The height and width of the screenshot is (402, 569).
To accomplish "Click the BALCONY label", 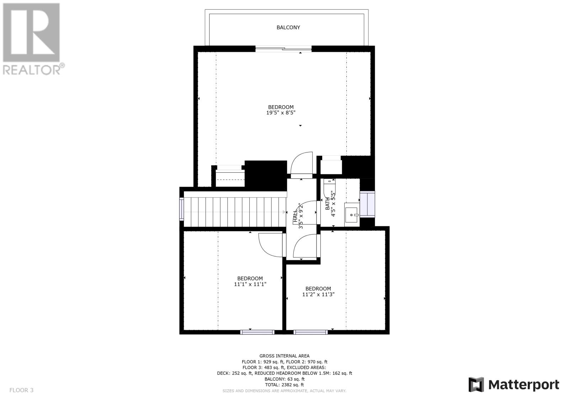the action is click(288, 27).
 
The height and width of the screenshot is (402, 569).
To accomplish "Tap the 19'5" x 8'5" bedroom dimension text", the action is click(281, 113).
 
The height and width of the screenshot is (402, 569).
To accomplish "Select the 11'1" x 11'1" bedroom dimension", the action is click(250, 284).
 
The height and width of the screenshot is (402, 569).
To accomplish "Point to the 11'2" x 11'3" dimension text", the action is click(318, 294).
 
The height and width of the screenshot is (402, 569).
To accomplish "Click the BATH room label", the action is click(328, 204).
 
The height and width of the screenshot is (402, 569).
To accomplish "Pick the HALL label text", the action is click(295, 216).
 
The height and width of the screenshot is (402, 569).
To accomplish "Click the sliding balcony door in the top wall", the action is click(283, 49).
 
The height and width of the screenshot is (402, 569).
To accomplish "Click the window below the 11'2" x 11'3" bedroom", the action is click(310, 332).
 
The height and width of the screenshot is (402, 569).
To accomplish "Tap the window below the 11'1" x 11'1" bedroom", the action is click(257, 332).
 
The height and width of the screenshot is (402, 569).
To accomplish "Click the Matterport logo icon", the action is click(476, 385).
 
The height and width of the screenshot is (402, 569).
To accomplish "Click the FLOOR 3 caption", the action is click(21, 390).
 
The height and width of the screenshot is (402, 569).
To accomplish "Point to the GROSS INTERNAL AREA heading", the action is click(284, 356).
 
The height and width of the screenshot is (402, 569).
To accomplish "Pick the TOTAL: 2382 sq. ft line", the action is click(284, 385).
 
